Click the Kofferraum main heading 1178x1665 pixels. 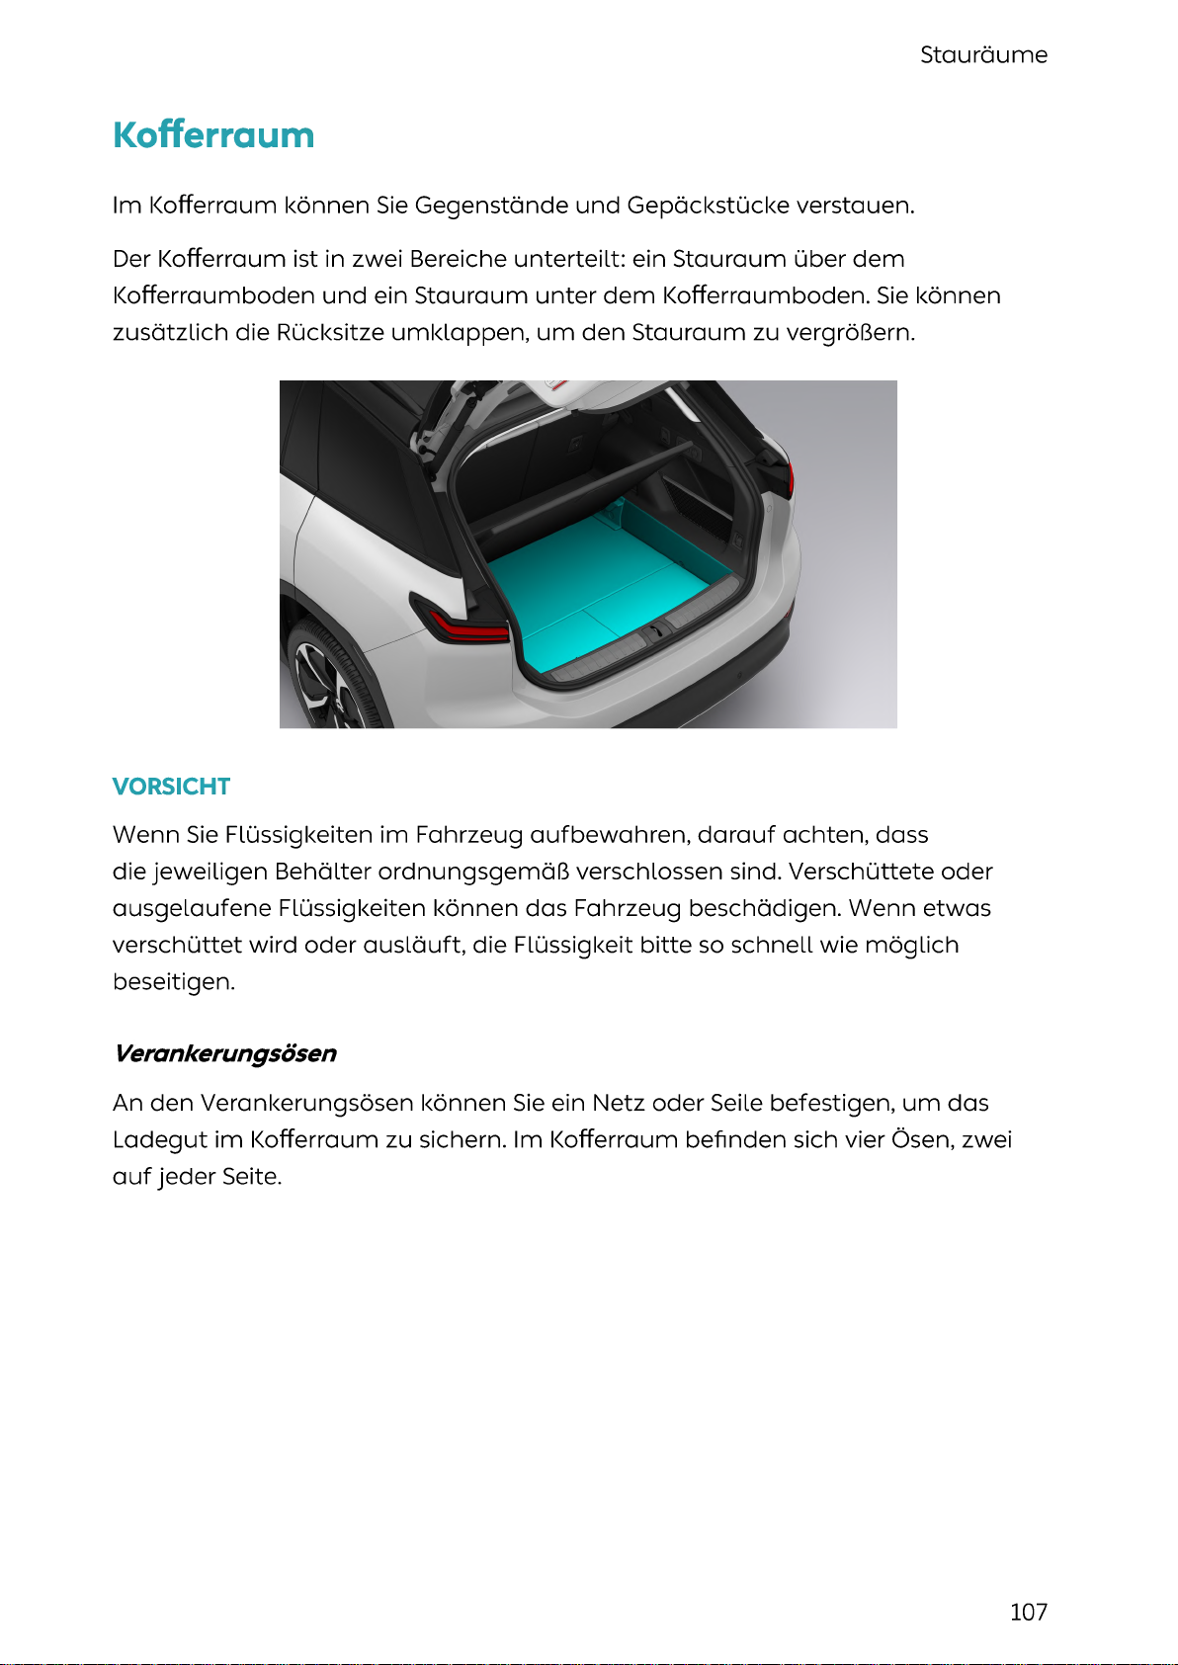pos(213,135)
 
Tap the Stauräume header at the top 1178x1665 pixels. pos(983,55)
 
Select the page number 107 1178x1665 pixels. pos(1028,1612)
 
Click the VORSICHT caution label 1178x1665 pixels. pos(171,787)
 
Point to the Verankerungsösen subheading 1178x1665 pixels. pos(225,1053)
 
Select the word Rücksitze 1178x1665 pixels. pos(330,332)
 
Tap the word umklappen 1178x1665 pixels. pos(459,332)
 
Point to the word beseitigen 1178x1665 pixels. pos(173,982)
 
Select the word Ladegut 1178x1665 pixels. pos(159,1139)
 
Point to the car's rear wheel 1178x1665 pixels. pos(326,682)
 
